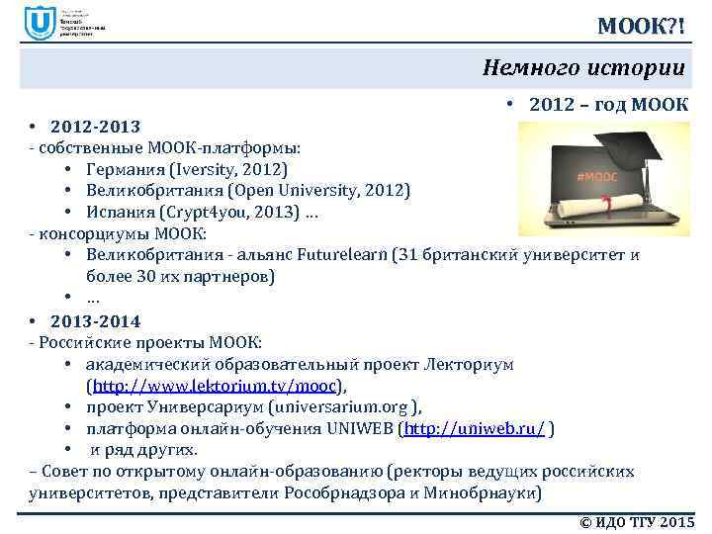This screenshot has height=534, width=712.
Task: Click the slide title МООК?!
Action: click(x=641, y=23)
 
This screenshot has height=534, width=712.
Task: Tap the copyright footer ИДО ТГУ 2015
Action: click(x=634, y=521)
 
